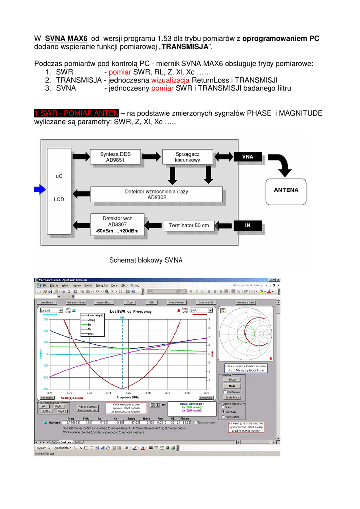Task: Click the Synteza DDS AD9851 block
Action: click(x=115, y=157)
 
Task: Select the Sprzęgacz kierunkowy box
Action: click(x=187, y=157)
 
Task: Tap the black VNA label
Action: click(x=247, y=157)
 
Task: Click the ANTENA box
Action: click(x=286, y=190)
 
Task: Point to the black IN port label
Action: click(x=247, y=225)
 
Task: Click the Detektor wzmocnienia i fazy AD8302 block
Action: click(x=156, y=194)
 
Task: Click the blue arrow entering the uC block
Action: click(x=39, y=189)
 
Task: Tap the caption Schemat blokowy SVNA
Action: click(x=146, y=260)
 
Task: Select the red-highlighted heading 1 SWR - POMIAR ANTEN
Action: click(x=77, y=113)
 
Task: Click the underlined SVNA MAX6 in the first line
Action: click(x=66, y=38)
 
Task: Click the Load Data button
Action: click(x=47, y=302)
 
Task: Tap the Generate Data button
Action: click(x=245, y=302)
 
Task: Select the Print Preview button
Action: click(x=177, y=302)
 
